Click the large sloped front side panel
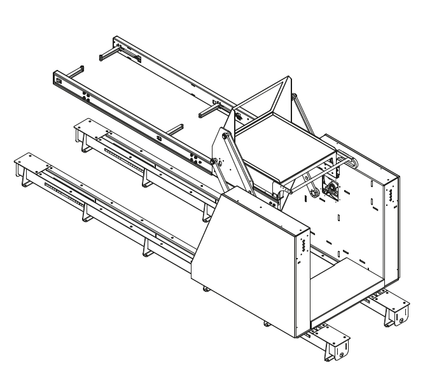point(242,267)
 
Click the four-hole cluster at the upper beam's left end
point(58,80)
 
